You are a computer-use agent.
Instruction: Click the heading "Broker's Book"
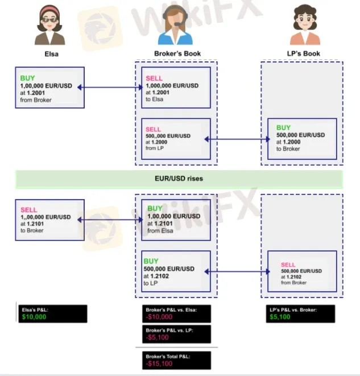[177, 53]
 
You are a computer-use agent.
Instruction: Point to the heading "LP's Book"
[303, 53]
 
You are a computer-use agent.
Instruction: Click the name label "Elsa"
[52, 54]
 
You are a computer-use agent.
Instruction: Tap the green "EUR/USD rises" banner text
[180, 179]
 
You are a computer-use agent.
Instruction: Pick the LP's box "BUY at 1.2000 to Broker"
[301, 138]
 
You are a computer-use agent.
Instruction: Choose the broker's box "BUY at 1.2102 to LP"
[176, 271]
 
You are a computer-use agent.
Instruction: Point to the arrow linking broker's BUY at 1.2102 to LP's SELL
[239, 272]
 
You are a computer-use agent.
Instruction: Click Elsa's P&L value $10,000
[34, 317]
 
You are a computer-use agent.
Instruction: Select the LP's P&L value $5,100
[279, 317]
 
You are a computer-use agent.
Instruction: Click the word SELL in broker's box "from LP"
[154, 129]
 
